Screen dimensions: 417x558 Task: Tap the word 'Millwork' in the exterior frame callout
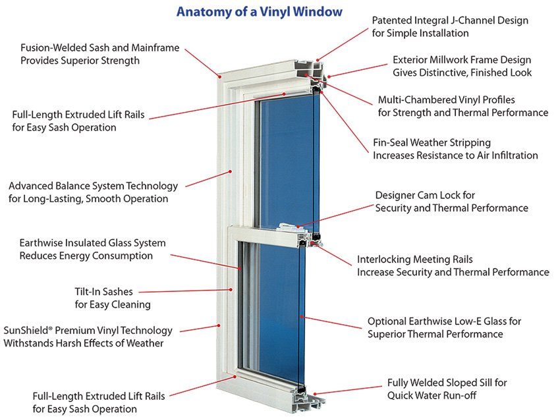pyautogui.click(x=453, y=59)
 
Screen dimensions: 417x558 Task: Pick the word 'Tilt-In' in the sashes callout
pyautogui.click(x=90, y=292)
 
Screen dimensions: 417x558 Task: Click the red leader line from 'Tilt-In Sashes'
pyautogui.click(x=185, y=290)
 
